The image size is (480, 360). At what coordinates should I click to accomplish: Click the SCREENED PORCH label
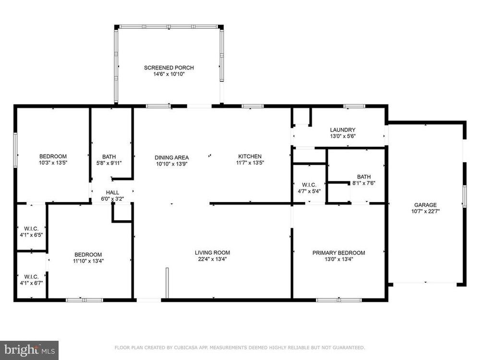coord(168,68)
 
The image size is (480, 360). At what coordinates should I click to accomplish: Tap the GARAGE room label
coord(425,205)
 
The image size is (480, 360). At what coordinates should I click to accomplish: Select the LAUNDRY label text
coord(343,130)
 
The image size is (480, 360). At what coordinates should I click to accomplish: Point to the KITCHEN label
coord(250,156)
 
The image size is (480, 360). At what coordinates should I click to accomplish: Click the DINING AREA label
coord(171,157)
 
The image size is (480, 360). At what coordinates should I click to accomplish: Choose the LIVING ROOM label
coord(212,252)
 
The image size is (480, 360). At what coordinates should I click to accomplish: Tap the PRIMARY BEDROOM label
coord(338,253)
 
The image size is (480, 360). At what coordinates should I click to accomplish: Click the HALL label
coord(112,192)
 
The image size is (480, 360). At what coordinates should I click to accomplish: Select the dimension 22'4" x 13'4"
coord(212,259)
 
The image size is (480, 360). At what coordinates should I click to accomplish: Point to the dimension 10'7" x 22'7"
coord(425,211)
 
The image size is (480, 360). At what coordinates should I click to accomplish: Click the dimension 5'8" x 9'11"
coord(109,163)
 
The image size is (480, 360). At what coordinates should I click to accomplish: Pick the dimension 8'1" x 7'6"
coord(364,183)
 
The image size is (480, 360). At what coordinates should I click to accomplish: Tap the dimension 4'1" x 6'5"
coord(31,235)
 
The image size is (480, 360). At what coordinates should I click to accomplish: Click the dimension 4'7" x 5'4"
coord(309,192)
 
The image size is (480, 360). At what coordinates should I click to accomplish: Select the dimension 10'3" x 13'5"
coord(53,163)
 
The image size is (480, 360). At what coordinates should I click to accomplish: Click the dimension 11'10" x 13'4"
coord(88,261)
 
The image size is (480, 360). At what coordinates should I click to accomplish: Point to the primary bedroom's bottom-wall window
coord(338,300)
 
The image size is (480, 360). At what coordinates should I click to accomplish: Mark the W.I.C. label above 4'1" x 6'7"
coord(31,277)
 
